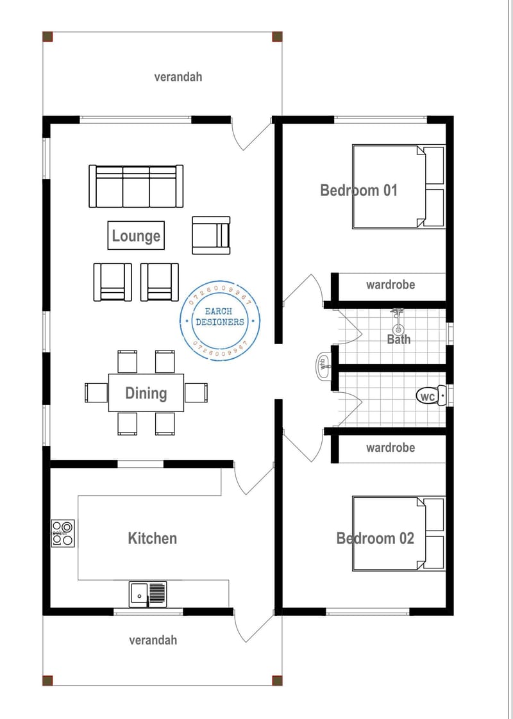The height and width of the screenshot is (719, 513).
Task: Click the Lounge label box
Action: (136, 235)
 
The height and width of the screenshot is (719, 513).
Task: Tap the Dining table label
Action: (146, 393)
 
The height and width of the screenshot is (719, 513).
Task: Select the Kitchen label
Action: (152, 538)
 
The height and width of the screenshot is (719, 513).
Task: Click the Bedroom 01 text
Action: (358, 190)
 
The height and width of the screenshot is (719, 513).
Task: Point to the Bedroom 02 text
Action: (375, 538)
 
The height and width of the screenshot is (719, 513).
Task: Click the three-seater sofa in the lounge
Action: (136, 186)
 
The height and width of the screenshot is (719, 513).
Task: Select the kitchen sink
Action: (147, 593)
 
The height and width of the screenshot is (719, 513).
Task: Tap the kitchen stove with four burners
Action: (63, 533)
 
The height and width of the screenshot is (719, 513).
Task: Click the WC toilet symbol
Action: (430, 397)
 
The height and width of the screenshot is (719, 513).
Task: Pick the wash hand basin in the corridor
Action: (323, 365)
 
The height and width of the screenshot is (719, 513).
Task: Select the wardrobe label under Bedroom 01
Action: (390, 285)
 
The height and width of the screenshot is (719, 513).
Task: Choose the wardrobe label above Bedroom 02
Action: (390, 447)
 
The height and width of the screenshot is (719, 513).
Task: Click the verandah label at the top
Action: (178, 76)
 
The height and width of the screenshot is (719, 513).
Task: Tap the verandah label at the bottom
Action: (153, 640)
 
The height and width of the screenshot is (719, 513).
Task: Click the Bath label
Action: (398, 339)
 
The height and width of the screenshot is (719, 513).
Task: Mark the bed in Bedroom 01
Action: (398, 186)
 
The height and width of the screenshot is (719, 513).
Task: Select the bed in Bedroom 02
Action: (398, 534)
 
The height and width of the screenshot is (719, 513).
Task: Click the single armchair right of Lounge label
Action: (211, 235)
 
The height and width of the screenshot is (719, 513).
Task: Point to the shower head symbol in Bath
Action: (397, 313)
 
